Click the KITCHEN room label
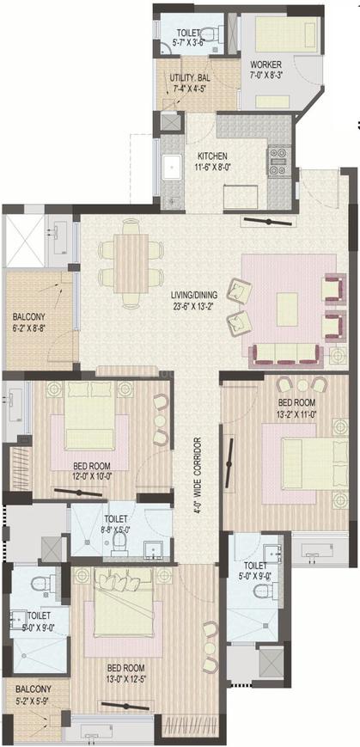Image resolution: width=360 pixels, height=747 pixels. [213, 156]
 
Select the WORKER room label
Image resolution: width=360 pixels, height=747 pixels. [265, 64]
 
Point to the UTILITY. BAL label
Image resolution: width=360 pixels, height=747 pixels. [190, 77]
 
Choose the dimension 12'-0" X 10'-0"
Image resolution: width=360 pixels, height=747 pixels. [93, 475]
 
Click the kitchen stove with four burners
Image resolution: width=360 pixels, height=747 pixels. [279, 162]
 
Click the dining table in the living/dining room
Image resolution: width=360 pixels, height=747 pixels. [131, 263]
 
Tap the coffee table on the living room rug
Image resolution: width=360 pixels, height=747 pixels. [287, 309]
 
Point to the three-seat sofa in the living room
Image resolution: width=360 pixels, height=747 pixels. [284, 354]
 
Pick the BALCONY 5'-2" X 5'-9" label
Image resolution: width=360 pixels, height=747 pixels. [33, 693]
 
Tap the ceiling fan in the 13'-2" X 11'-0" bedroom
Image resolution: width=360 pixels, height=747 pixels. [230, 463]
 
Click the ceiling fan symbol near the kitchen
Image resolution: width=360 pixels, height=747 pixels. [269, 222]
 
